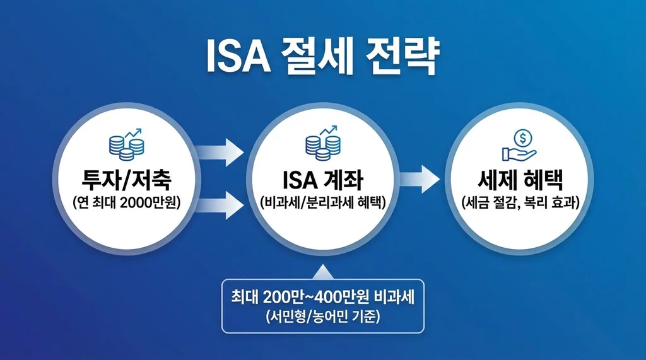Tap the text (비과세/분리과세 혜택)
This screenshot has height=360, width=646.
pos(322,203)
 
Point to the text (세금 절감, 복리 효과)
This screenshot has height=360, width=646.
pos(518,203)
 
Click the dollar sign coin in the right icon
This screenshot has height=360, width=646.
pos(522,136)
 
